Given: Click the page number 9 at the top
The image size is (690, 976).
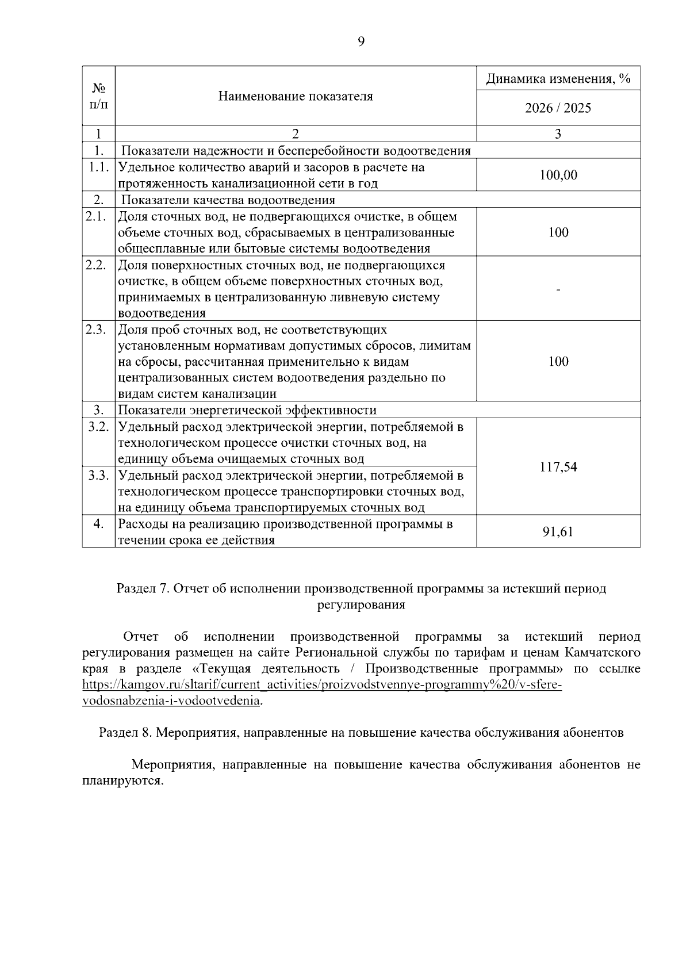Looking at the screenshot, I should tap(361, 41).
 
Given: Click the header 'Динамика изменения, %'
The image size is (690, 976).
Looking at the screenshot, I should tap(558, 79).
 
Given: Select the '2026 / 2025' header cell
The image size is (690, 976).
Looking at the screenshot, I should tap(558, 108).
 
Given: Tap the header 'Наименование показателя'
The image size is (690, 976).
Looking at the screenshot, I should tap(296, 96).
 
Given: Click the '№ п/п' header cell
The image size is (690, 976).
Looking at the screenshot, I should tap(98, 96).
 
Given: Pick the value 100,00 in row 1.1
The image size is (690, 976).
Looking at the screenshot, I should tap(558, 175).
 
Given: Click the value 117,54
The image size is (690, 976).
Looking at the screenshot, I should tap(558, 466).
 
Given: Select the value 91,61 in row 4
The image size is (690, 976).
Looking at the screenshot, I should tap(558, 531).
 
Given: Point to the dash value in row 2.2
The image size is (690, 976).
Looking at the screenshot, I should tap(558, 289).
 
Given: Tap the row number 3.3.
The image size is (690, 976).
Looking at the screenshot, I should tap(98, 476).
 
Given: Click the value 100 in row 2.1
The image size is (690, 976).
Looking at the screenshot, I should tap(558, 232).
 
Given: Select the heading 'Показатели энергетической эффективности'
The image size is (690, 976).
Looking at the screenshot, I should tap(247, 410).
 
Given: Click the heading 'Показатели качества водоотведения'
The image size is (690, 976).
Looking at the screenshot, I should tap(228, 200).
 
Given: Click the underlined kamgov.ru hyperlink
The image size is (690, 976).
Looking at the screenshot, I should tap(322, 686).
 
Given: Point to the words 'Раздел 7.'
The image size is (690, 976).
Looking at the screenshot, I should tap(143, 589).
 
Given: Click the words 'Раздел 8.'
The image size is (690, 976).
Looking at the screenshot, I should tap(126, 733).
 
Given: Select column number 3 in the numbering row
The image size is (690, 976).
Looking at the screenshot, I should tap(558, 134).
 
